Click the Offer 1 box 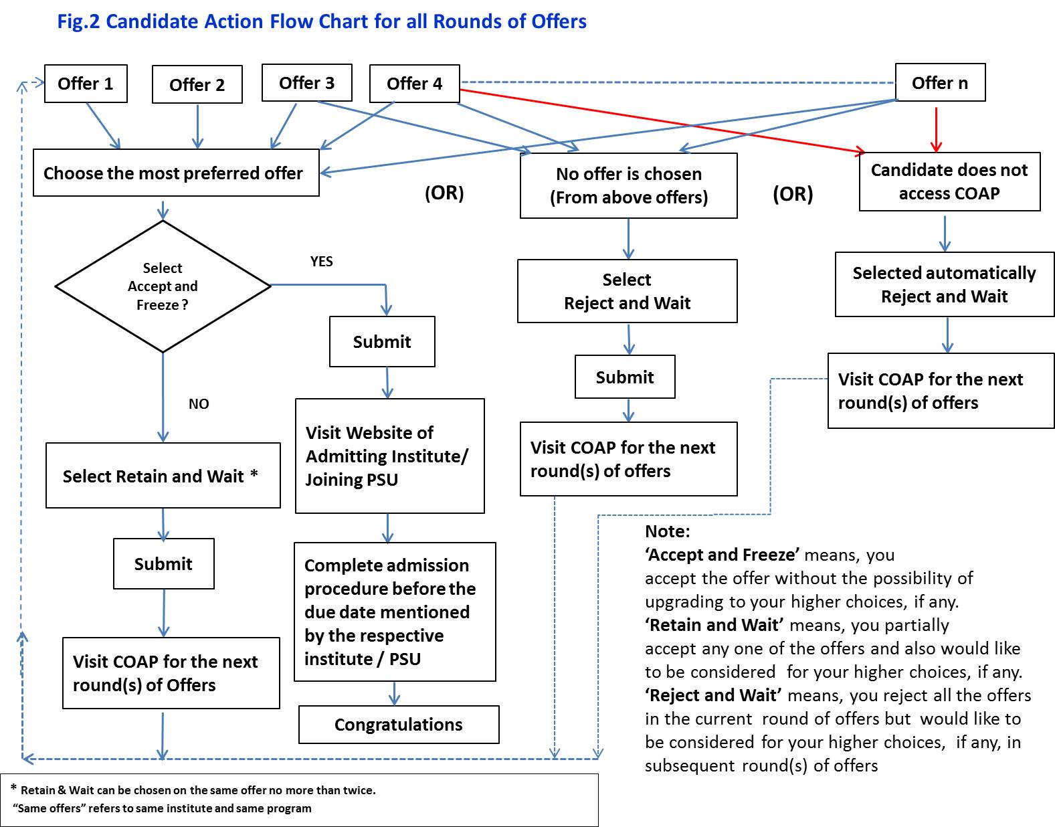tap(86, 84)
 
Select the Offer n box tap(939, 83)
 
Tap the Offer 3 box tap(306, 83)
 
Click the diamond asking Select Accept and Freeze tap(163, 286)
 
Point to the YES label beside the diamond tap(321, 262)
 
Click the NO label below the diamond tap(199, 404)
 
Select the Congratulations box tap(399, 725)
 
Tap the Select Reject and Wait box tap(627, 291)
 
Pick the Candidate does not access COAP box tap(949, 181)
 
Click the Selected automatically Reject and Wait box tap(944, 284)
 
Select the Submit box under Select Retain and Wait tap(163, 564)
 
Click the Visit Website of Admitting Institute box tap(389, 456)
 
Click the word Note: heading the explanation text tap(667, 531)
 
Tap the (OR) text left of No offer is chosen tap(444, 193)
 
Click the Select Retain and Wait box tap(163, 476)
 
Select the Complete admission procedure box tap(395, 612)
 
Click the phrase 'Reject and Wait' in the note tap(713, 695)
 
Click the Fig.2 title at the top tap(321, 21)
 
